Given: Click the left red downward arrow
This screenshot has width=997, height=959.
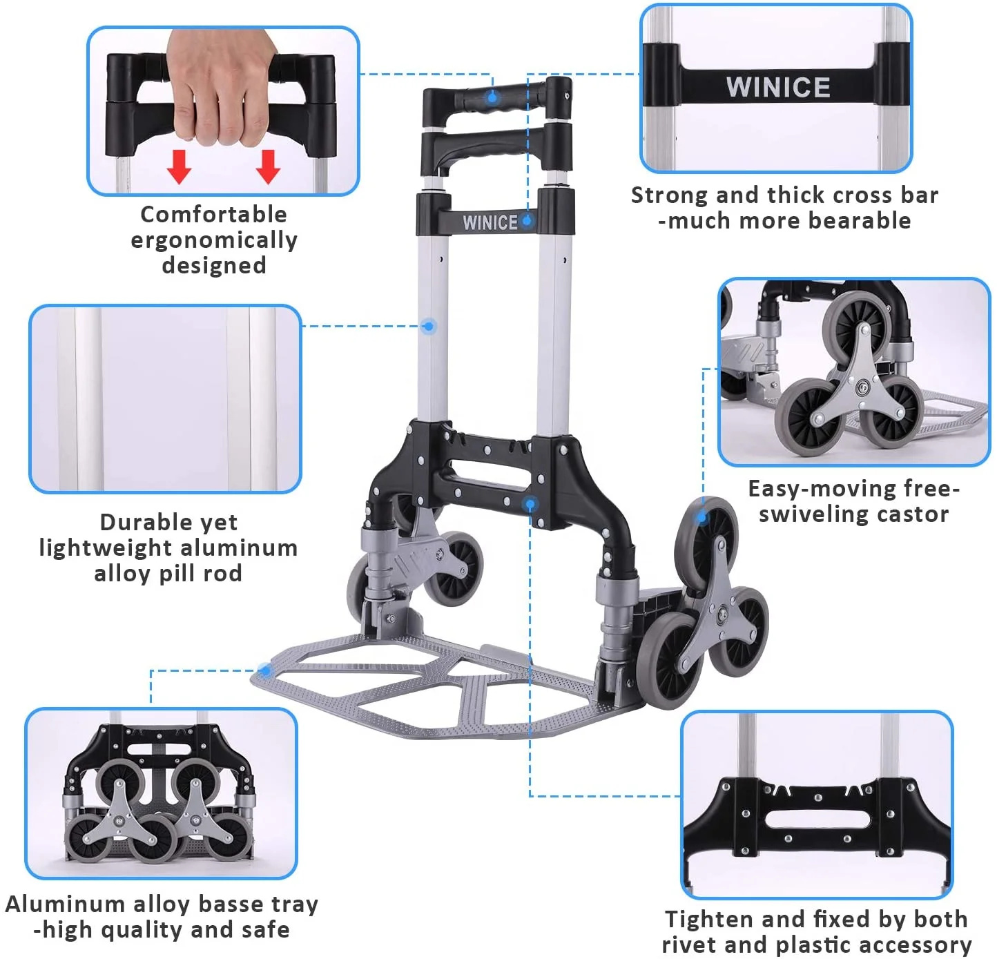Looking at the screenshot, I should (x=180, y=166).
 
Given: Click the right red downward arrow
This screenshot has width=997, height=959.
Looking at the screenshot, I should (x=268, y=166).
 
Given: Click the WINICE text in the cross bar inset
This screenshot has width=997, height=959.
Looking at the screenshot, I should (x=778, y=88).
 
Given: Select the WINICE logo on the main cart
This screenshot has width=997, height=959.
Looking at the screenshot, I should (x=490, y=222).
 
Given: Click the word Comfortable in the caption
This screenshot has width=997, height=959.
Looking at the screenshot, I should (x=213, y=214).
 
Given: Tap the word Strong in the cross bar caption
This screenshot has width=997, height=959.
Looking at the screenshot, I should (x=670, y=195).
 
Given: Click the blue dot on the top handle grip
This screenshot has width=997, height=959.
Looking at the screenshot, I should (x=492, y=97).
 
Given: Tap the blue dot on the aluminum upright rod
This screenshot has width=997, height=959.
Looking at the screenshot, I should (x=429, y=326).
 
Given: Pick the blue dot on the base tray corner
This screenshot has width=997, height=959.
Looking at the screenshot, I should (x=265, y=670).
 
